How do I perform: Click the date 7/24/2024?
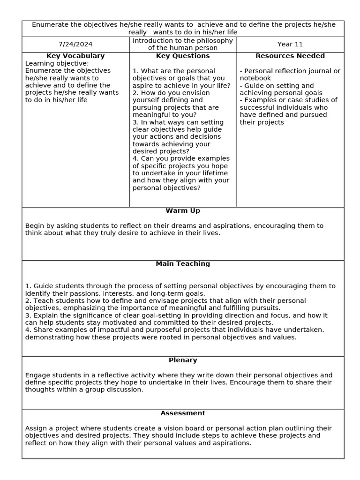75,45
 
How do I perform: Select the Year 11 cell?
290,45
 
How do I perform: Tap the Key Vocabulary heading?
75,56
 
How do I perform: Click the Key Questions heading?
183,56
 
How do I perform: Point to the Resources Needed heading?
290,56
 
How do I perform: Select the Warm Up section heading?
183,211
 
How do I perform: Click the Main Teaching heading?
183,264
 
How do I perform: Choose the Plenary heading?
183,360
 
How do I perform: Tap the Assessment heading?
183,413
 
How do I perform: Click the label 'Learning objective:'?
57,63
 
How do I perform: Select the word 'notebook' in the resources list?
255,78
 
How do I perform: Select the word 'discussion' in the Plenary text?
125,390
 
